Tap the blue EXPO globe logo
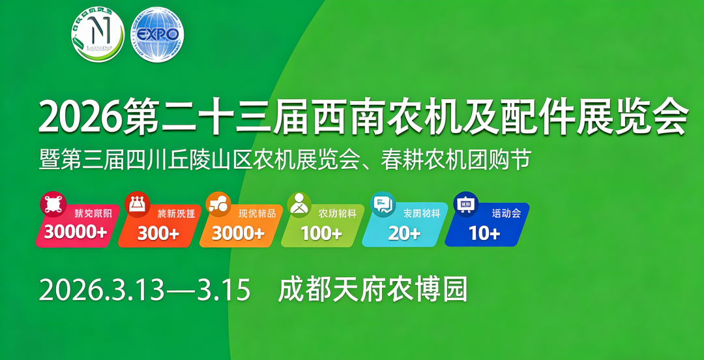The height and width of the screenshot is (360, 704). tap(158, 35)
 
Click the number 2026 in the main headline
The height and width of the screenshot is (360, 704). tap(80, 117)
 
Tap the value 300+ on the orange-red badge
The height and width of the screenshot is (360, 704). tap(158, 233)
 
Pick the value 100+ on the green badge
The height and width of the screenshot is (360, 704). tap(321, 233)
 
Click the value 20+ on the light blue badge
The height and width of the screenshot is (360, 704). tap(404, 233)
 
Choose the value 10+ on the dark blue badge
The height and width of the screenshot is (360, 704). tap(484, 233)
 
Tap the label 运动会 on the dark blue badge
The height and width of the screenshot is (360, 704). tap(506, 213)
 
